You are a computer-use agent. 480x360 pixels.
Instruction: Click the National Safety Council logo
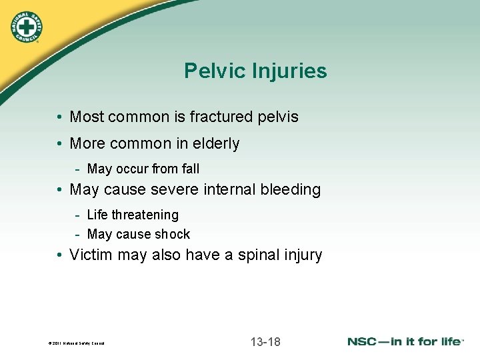click(25, 27)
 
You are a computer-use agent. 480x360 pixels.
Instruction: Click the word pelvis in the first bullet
click(279, 117)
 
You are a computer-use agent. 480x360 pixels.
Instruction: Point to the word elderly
click(215, 143)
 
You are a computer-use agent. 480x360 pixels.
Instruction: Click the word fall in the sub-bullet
click(191, 169)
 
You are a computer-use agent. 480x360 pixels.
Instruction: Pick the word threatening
click(145, 215)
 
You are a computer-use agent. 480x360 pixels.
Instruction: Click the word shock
click(173, 235)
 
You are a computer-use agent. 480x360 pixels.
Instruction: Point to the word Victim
click(90, 255)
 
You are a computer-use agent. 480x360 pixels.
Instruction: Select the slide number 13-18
click(265, 342)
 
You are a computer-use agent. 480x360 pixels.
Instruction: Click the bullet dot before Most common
click(60, 118)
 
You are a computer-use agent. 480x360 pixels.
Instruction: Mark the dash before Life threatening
click(78, 215)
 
